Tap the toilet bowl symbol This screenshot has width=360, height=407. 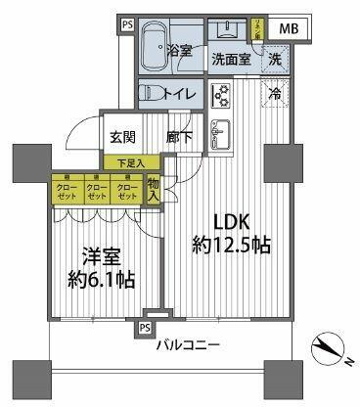tap(153, 94)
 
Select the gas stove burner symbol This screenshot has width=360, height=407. tap(220, 95)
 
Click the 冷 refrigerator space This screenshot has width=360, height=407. tap(275, 96)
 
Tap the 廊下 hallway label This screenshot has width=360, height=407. tap(178, 139)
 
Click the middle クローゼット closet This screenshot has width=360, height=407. tap(96, 190)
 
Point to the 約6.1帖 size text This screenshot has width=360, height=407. tap(101, 279)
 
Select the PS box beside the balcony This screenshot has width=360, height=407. tap(145, 327)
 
